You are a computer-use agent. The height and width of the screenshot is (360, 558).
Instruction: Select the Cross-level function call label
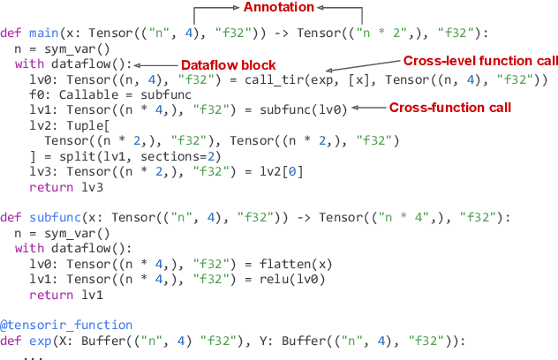click(480, 61)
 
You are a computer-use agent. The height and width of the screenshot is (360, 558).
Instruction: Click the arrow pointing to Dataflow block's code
click(155, 65)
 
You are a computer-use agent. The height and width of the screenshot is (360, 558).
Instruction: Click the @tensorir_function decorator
click(66, 326)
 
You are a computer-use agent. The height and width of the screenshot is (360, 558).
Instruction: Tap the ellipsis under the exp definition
click(33, 355)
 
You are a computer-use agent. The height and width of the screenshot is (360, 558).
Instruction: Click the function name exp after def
click(37, 341)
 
